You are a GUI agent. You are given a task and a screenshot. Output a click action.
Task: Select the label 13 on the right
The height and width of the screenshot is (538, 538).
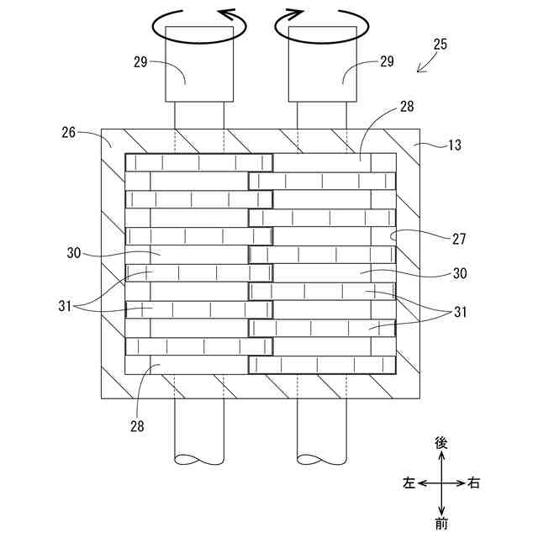click(x=454, y=145)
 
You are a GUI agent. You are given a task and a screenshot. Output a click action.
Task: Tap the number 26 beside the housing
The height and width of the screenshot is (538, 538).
click(x=69, y=132)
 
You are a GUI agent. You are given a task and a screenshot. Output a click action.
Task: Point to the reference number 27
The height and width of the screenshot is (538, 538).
click(x=459, y=239)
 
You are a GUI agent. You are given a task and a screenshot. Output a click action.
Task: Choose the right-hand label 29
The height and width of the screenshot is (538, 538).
click(x=386, y=61)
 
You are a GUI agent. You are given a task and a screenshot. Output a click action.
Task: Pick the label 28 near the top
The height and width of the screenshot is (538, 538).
click(x=407, y=107)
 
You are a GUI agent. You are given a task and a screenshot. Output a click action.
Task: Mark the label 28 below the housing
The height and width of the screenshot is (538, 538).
click(x=137, y=425)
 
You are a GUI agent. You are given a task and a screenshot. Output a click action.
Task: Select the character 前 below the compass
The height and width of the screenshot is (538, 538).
click(x=441, y=524)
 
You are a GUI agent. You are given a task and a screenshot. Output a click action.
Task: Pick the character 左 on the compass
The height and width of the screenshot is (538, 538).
click(x=409, y=483)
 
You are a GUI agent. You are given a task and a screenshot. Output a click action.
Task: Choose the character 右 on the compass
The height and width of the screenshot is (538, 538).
click(x=474, y=483)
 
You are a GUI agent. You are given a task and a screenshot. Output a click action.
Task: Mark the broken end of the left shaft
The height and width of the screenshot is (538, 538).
click(x=199, y=460)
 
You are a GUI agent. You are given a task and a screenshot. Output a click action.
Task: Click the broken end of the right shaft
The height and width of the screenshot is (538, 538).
click(x=322, y=460)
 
